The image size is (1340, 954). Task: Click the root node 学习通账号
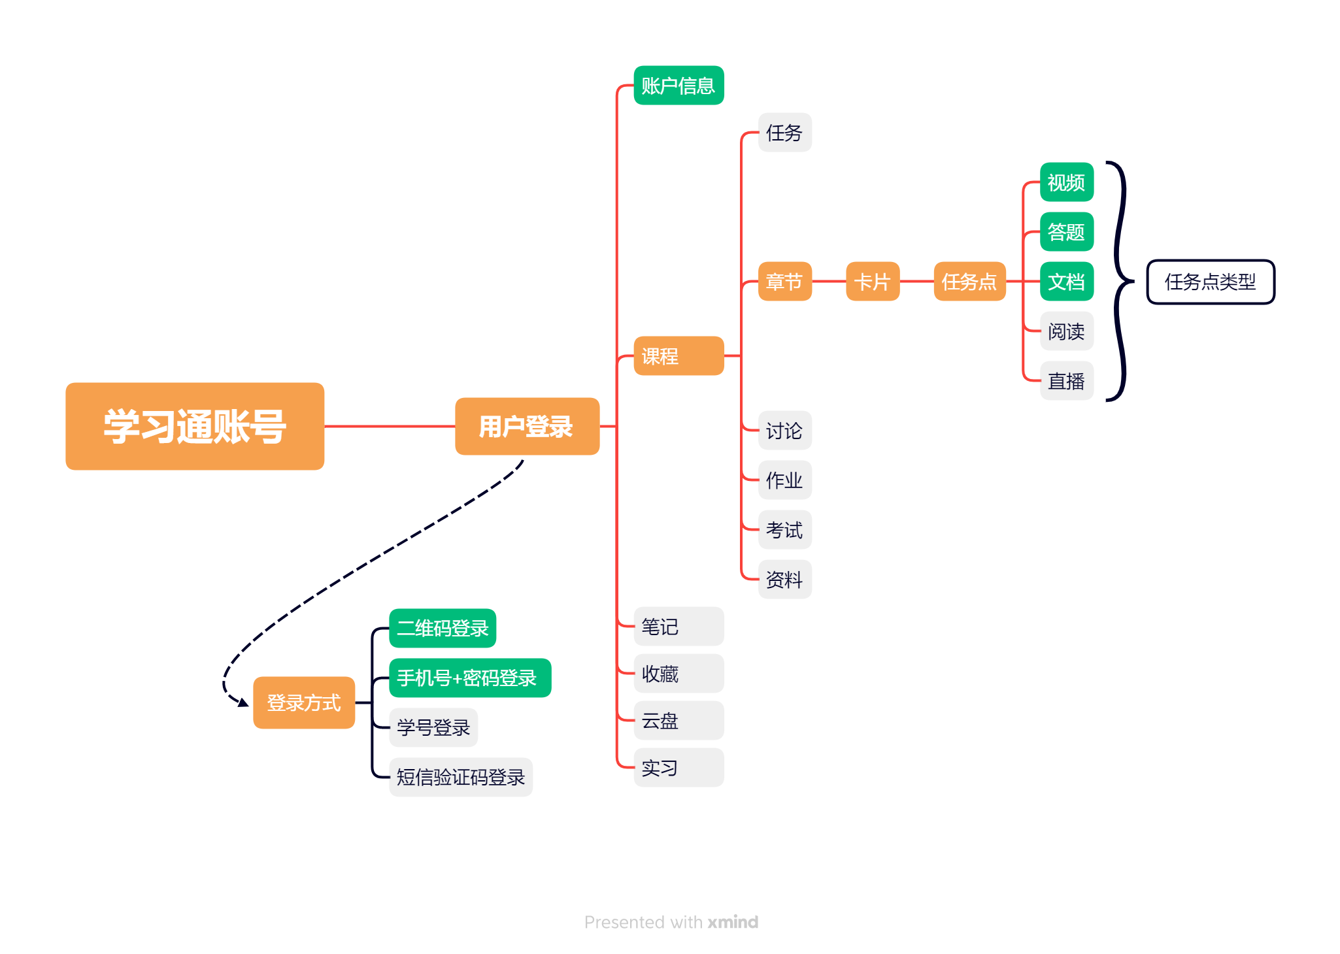pos(195,426)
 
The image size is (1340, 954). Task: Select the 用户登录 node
pos(527,426)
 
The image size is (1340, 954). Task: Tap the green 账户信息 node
pos(678,86)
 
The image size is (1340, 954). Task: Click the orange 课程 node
pos(678,356)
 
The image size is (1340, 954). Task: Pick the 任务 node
pos(784,133)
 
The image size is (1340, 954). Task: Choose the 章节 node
pos(784,282)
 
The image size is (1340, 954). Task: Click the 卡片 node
pos(873,282)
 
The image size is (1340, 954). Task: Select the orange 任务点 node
pos(969,282)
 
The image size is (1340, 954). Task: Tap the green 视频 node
pos(1066,182)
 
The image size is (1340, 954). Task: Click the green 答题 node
pos(1066,232)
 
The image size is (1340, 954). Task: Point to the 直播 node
pos(1066,381)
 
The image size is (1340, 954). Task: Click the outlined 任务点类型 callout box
pos(1211,282)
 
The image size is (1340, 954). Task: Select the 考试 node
pos(784,530)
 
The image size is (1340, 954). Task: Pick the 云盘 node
pos(678,721)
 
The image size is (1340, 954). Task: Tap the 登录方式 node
pos(304,702)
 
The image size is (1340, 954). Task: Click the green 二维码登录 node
pos(443,628)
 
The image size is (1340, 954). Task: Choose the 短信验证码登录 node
pos(461,777)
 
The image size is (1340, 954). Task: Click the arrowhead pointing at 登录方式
pos(243,702)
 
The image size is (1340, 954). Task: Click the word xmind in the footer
pos(733,922)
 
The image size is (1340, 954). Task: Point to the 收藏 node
pos(678,674)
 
